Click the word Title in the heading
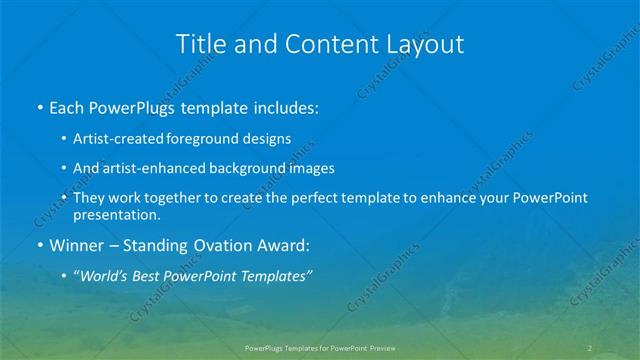point(200,44)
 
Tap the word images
point(305,169)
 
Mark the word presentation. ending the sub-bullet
point(116,214)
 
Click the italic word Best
point(154,277)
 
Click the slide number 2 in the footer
point(590,347)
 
